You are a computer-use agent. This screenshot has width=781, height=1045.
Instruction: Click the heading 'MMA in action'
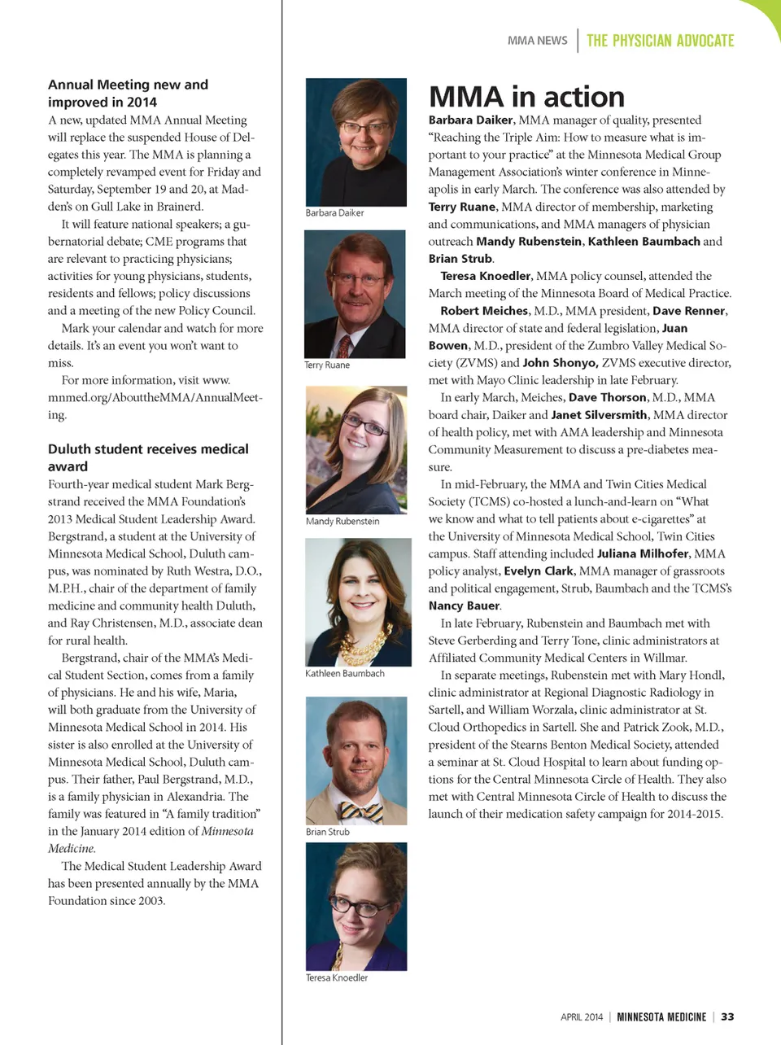pyautogui.click(x=526, y=97)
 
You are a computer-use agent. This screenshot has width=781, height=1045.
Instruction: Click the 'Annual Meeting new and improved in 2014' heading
pyautogui.click(x=128, y=93)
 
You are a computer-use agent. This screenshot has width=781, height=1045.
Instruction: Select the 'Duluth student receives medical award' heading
pyautogui.click(x=148, y=457)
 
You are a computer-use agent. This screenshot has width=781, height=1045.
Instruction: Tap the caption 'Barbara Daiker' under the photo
pyautogui.click(x=334, y=213)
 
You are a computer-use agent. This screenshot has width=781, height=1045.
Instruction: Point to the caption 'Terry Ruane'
pyautogui.click(x=327, y=365)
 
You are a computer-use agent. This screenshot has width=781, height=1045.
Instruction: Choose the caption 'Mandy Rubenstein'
pyautogui.click(x=343, y=522)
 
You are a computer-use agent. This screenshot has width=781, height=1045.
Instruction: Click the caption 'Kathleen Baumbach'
pyautogui.click(x=345, y=674)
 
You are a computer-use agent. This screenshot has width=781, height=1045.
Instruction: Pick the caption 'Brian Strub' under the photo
pyautogui.click(x=328, y=832)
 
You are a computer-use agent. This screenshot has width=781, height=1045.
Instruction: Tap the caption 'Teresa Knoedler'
pyautogui.click(x=337, y=978)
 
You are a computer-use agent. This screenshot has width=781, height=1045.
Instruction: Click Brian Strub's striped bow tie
pyautogui.click(x=361, y=811)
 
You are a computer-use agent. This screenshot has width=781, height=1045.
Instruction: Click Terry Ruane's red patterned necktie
pyautogui.click(x=344, y=348)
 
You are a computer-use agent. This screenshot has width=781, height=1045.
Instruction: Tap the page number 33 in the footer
pyautogui.click(x=727, y=1017)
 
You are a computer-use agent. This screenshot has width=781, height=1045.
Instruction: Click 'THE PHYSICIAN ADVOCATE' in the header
pyautogui.click(x=660, y=41)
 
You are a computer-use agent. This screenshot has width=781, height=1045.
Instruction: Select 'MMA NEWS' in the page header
pyautogui.click(x=537, y=41)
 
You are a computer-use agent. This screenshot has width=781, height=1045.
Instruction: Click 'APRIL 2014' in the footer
pyautogui.click(x=582, y=1017)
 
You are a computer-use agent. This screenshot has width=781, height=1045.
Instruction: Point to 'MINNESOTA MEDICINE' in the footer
pyautogui.click(x=661, y=1017)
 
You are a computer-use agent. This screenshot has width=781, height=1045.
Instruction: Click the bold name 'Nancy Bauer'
pyautogui.click(x=464, y=606)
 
